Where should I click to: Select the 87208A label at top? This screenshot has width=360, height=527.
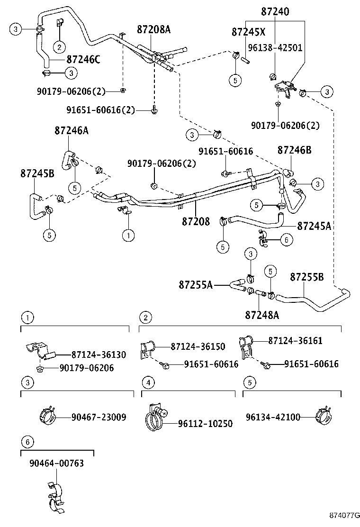[153, 29]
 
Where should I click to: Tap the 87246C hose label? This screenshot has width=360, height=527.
[83, 60]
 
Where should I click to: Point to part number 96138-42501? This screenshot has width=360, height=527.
[275, 48]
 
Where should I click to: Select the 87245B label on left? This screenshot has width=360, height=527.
[37, 173]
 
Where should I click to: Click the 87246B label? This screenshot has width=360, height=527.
[294, 150]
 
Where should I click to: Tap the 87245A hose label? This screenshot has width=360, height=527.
[314, 226]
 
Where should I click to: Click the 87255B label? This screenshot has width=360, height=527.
[307, 276]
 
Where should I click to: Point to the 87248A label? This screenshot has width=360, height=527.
[262, 314]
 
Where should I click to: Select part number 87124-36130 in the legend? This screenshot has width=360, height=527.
[99, 354]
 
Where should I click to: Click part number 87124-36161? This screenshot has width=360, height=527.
[295, 341]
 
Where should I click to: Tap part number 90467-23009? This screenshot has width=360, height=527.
[99, 417]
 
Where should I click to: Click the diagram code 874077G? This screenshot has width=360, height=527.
[342, 515]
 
